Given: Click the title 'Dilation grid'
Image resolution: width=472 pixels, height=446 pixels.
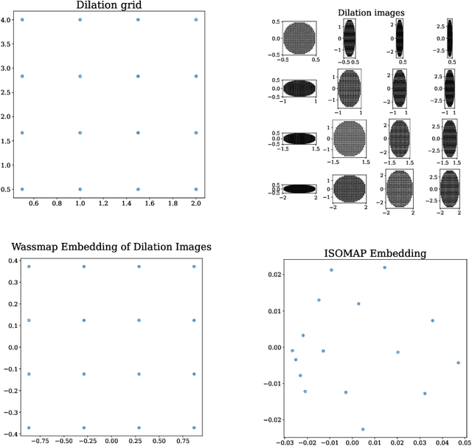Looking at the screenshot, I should pyautogui.click(x=108, y=6).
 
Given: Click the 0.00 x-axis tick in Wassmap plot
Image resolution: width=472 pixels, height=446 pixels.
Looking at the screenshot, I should pyautogui.click(x=111, y=441).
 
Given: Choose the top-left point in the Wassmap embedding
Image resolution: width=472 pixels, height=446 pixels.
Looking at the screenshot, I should pyautogui.click(x=29, y=267).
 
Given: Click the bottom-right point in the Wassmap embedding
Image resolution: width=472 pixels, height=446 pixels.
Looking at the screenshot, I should pyautogui.click(x=194, y=428).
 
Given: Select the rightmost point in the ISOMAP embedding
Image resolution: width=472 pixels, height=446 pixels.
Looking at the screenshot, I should pyautogui.click(x=458, y=363).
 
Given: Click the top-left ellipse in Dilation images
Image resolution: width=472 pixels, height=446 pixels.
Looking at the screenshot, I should pyautogui.click(x=299, y=38).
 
